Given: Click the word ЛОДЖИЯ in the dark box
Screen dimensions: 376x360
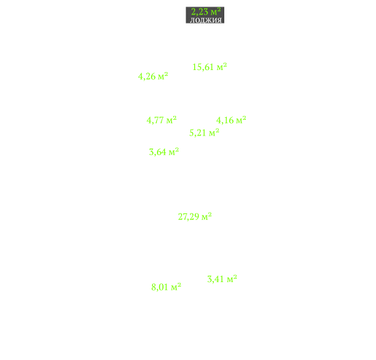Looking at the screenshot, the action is click(x=206, y=20).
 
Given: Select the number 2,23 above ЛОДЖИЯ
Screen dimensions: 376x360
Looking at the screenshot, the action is click(x=199, y=12).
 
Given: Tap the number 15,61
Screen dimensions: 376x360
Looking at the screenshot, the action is click(x=203, y=67).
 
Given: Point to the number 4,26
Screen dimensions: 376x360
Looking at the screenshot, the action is click(x=146, y=77).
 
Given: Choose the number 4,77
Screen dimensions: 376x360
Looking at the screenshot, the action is click(x=155, y=120).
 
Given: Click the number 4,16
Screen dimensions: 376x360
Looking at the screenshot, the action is click(x=225, y=120).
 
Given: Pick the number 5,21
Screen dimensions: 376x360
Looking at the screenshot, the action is click(x=198, y=133).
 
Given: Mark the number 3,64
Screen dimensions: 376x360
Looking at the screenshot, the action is click(x=158, y=152).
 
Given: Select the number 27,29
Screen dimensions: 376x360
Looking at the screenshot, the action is click(x=188, y=217).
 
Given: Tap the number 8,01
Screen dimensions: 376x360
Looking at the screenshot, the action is click(x=160, y=287).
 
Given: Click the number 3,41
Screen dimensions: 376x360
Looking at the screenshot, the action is click(x=216, y=279).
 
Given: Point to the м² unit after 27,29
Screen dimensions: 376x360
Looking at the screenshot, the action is click(x=207, y=216).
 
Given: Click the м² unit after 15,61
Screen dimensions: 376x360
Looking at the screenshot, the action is click(x=222, y=67).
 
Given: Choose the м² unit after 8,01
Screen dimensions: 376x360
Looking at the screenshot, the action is click(x=176, y=286).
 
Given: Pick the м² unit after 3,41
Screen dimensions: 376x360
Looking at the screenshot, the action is click(x=232, y=278).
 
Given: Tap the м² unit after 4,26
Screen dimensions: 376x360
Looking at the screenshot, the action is click(x=163, y=76).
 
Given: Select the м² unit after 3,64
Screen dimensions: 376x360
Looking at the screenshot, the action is click(x=173, y=151).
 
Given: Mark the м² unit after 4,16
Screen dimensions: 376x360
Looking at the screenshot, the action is click(x=241, y=120).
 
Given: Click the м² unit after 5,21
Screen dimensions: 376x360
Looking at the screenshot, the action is click(x=214, y=132).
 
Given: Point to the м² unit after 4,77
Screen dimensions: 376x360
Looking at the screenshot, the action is click(x=171, y=120).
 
